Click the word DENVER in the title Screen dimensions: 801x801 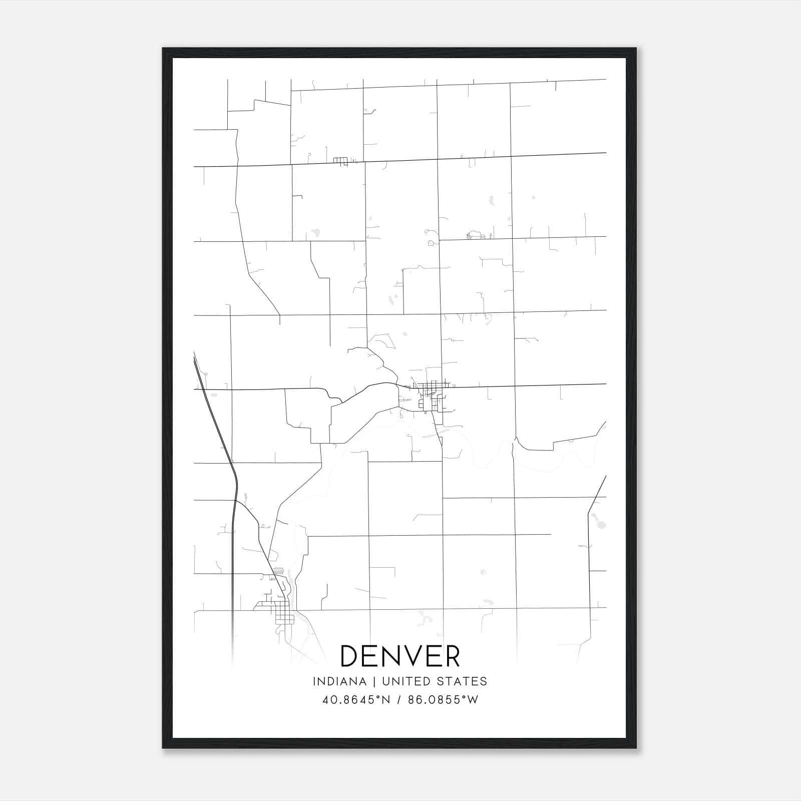click(400, 656)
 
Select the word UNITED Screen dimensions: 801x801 click(405, 681)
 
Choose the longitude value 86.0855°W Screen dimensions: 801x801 click(443, 700)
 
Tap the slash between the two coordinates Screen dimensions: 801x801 click(398, 700)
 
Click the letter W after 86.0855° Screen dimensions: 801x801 click(473, 700)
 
